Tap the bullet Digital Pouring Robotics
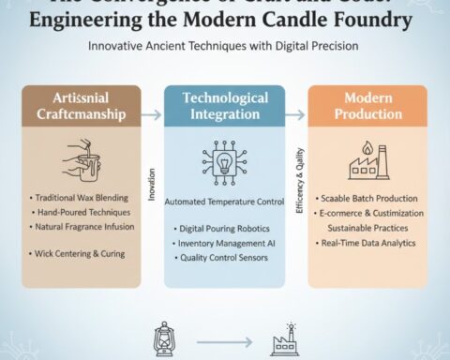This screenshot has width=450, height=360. click(x=222, y=228)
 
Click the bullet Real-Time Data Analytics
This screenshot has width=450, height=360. click(x=362, y=243)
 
